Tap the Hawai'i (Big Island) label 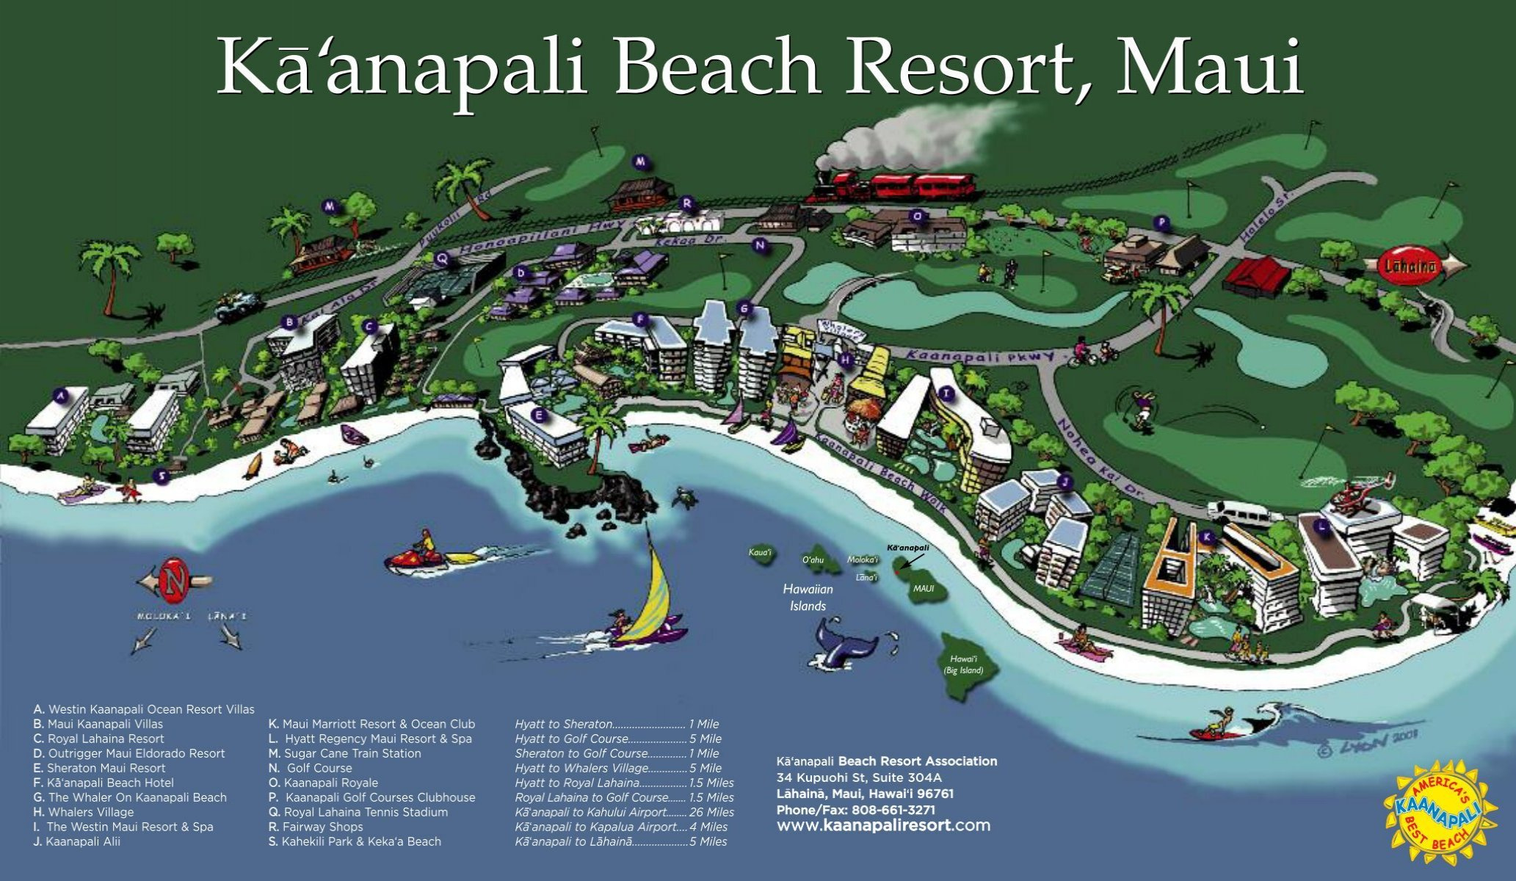click(963, 664)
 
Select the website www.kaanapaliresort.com click(883, 825)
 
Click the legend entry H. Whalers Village click(84, 812)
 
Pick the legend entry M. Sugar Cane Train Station click(344, 753)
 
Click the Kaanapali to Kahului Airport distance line click(624, 812)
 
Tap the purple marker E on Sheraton click(540, 416)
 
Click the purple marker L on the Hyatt click(1322, 526)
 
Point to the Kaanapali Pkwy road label click(979, 356)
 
